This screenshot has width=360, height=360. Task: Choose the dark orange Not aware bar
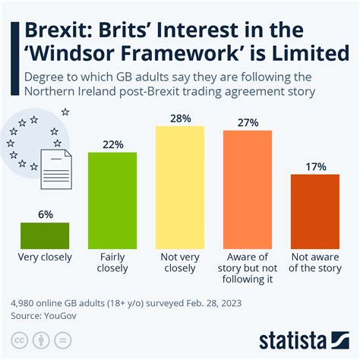point(315,210)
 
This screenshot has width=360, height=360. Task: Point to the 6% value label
point(45,215)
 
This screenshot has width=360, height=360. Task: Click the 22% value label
point(112,144)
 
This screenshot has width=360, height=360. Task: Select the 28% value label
point(180,118)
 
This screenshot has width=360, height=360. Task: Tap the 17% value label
point(315,166)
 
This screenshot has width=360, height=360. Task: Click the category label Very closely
point(45,257)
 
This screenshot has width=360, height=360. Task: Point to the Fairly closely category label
point(112,262)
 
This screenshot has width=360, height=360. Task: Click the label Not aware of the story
point(315,262)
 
